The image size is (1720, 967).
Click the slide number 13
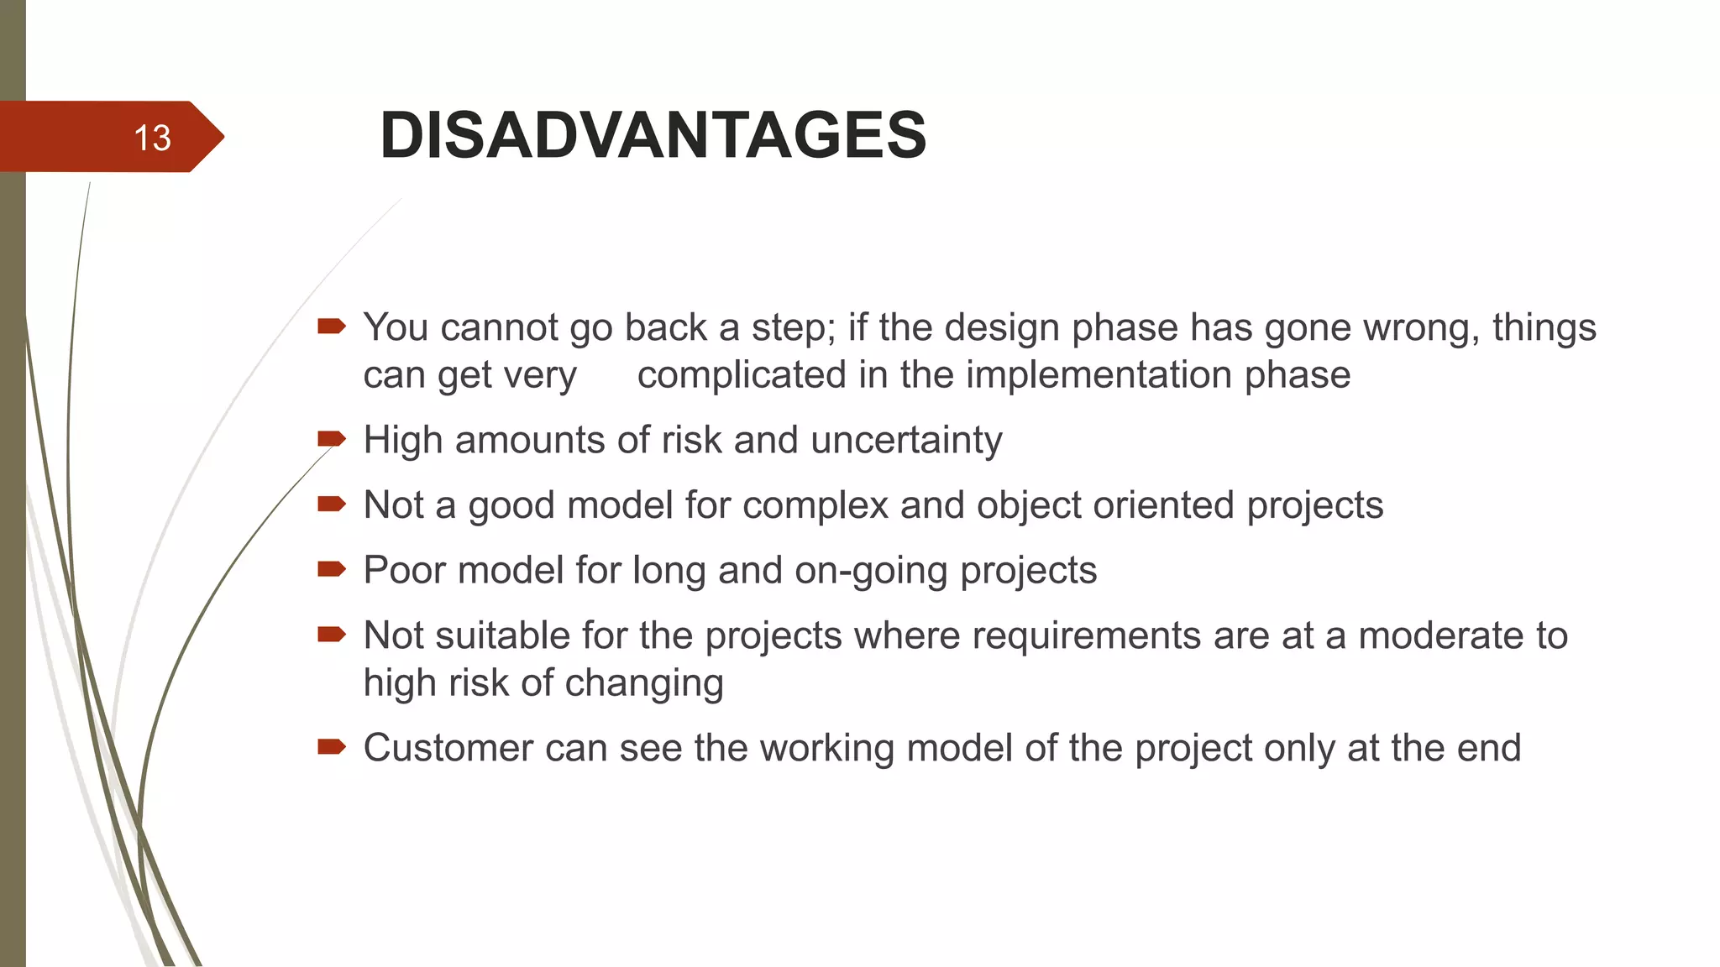pos(152,138)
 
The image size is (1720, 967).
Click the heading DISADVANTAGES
pos(653,135)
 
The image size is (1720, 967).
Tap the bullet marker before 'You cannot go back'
pos(331,326)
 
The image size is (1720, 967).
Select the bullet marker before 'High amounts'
pos(331,438)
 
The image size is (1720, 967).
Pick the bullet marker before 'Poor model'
pos(331,569)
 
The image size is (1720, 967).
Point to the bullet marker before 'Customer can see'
pos(331,746)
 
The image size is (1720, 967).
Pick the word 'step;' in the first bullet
pos(793,327)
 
